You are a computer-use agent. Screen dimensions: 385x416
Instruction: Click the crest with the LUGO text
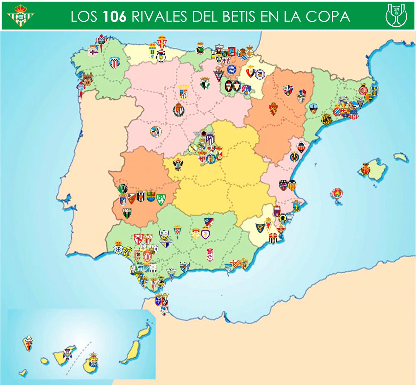pos(114,63)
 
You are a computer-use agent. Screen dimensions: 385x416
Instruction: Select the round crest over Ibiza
pos(337,193)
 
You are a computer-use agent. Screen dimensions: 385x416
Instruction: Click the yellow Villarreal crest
pos(294,156)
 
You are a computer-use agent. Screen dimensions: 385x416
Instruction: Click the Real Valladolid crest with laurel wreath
pos(179,110)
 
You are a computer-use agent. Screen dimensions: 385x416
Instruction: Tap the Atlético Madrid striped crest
pos(210,140)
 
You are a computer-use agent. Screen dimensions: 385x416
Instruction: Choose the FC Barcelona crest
pos(345,112)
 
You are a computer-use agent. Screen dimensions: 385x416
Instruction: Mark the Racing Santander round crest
pos(200,50)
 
